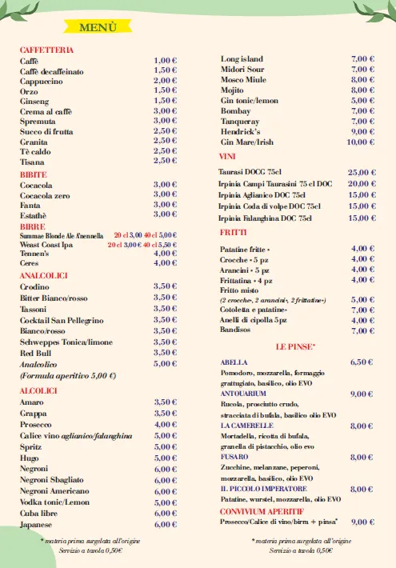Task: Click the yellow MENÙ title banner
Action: (98, 27)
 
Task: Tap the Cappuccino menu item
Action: (42, 81)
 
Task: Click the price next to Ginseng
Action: (165, 101)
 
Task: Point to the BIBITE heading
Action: (34, 174)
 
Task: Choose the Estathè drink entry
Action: (34, 214)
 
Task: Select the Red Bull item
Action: (35, 352)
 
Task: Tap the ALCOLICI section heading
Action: (38, 390)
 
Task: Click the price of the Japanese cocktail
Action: (165, 525)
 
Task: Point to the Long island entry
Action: (242, 59)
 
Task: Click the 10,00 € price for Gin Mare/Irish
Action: (361, 142)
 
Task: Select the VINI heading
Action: (227, 156)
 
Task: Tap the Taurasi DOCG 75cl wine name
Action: (250, 172)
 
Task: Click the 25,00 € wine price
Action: (362, 172)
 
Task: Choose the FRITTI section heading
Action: (233, 232)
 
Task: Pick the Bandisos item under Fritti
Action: (237, 330)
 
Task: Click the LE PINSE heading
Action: (295, 346)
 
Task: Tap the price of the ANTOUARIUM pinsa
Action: (362, 394)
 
